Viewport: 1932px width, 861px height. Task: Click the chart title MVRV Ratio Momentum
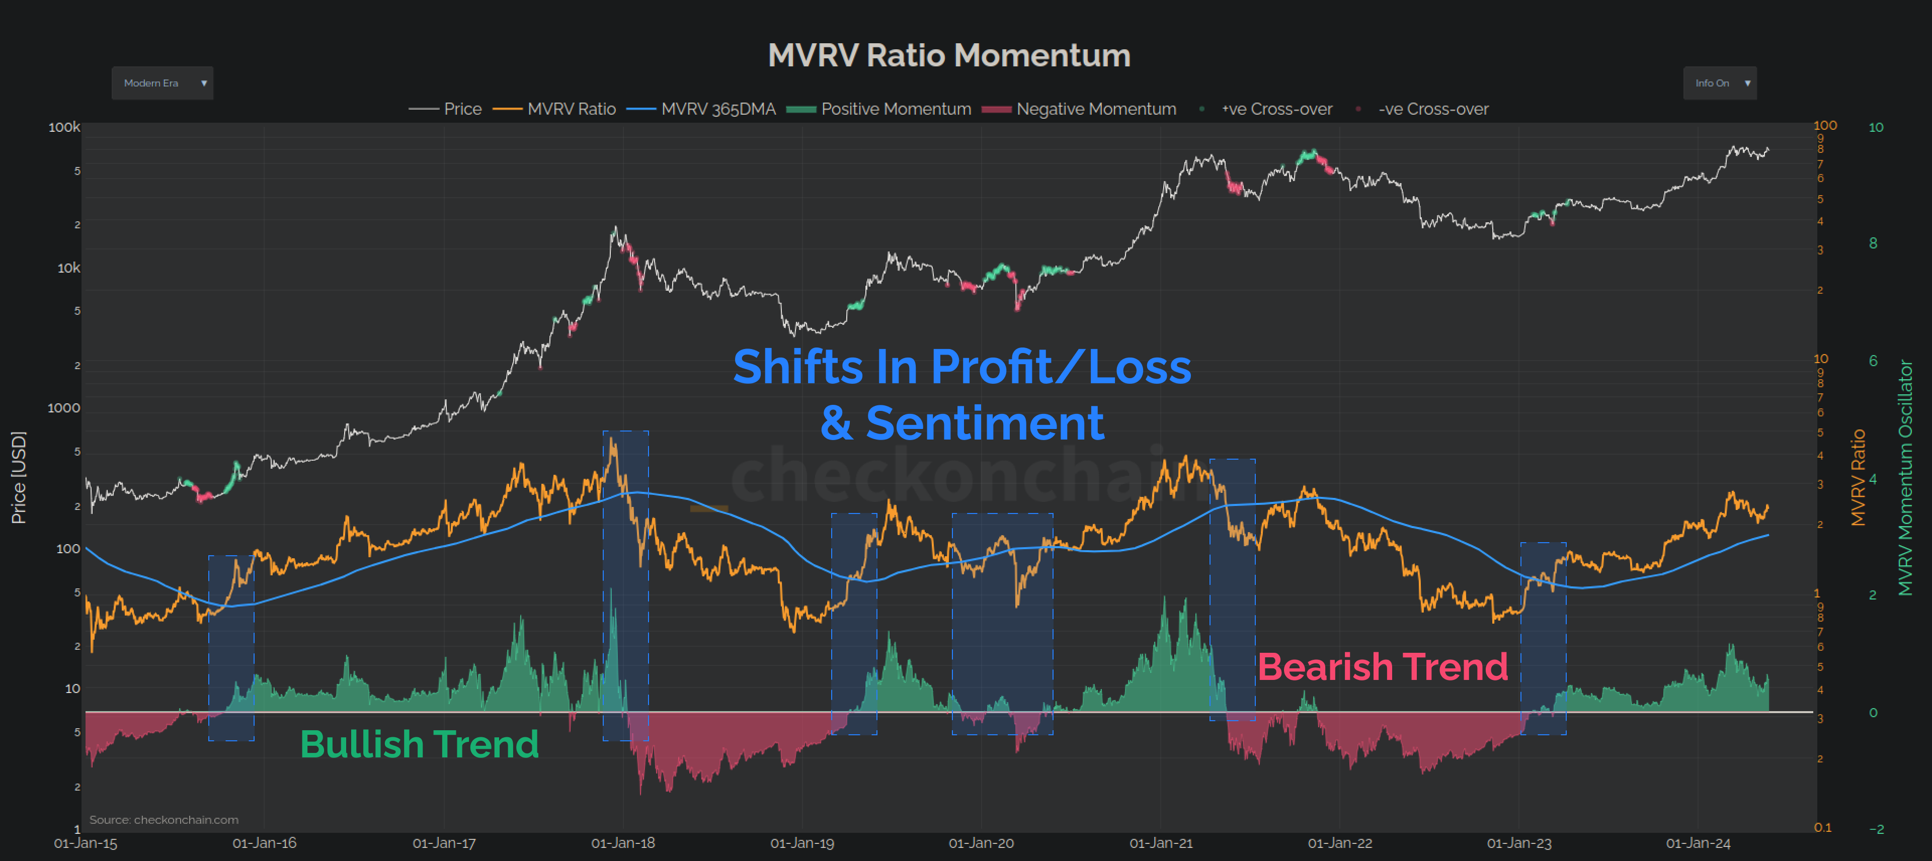[949, 55]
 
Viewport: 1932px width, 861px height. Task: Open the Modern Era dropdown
[162, 83]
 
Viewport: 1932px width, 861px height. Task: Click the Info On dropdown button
[1719, 83]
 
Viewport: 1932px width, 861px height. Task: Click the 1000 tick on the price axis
[64, 408]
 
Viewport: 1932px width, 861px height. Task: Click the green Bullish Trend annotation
[419, 744]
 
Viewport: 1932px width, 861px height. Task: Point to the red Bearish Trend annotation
[1382, 667]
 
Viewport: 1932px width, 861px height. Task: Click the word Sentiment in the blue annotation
[984, 423]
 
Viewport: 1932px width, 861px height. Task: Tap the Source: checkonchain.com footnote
[164, 820]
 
